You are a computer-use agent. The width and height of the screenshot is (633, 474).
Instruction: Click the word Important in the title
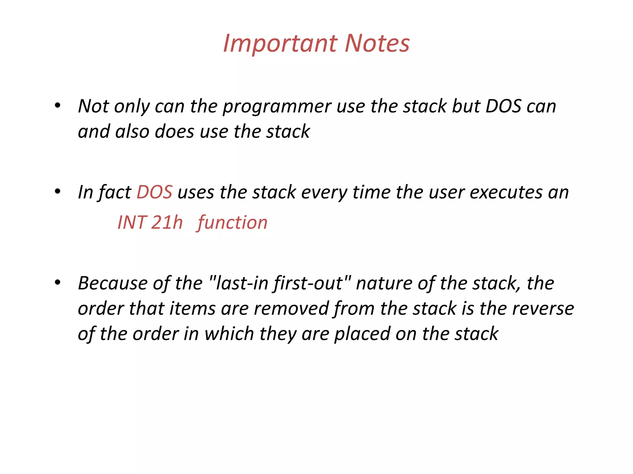tap(280, 44)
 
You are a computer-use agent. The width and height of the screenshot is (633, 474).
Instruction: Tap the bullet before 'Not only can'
tap(57, 106)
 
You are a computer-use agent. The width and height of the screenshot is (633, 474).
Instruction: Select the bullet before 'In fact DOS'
tap(57, 192)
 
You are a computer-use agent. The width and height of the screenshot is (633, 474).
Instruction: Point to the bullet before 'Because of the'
tap(57, 283)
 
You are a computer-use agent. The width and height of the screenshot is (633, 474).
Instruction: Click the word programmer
tap(277, 107)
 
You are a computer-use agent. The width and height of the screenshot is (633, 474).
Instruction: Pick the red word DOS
tap(154, 192)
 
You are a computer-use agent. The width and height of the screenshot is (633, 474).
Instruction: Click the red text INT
tap(132, 222)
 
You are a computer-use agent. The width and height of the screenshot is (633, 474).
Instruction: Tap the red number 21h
tap(167, 222)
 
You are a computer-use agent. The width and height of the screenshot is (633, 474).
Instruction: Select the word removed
tap(291, 309)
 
